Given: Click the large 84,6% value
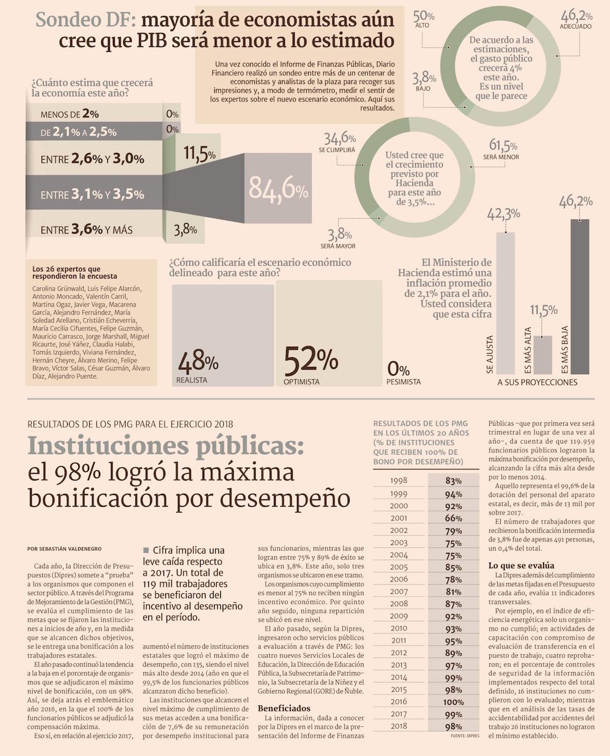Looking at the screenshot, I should [278, 189].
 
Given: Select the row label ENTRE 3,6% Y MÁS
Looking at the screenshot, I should [86, 230].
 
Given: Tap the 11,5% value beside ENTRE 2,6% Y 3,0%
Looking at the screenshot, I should [199, 153].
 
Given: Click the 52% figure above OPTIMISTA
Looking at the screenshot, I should [310, 360].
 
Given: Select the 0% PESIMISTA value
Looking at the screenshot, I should [398, 369].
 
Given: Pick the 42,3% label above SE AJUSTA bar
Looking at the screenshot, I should [503, 214].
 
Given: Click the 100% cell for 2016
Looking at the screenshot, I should [453, 702].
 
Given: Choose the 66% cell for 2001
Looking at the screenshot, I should [453, 518].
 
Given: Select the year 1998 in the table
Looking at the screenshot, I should [398, 480].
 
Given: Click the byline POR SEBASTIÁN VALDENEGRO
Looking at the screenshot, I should [65, 549].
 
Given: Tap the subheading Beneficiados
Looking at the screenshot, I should [284, 708].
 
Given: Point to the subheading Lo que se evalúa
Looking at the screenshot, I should [521, 565].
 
